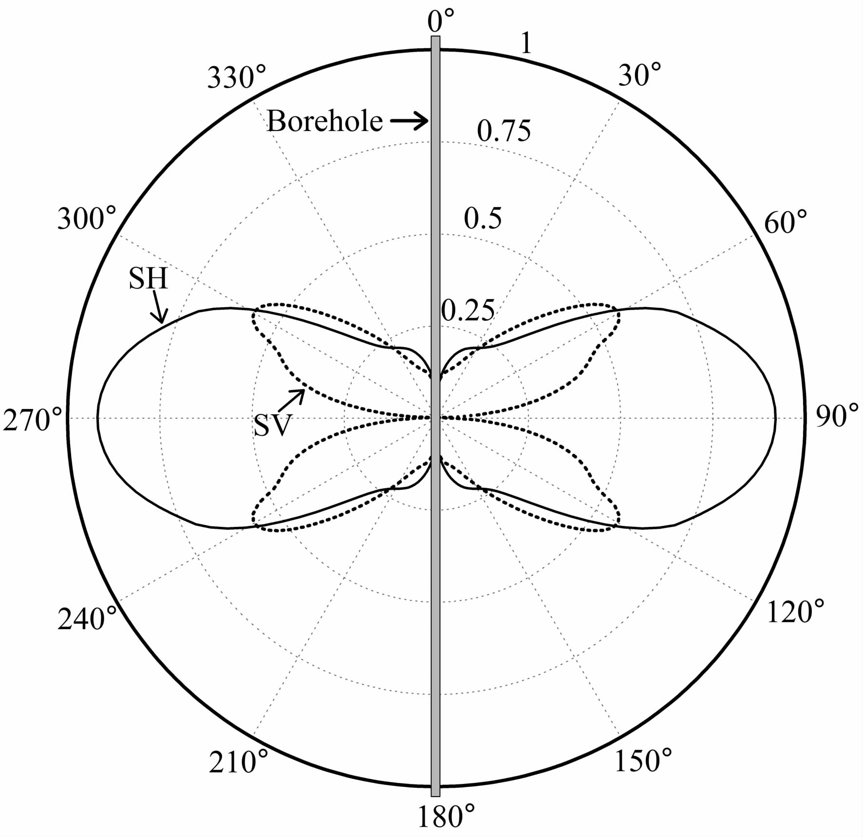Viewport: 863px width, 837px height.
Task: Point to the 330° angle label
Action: pos(237,77)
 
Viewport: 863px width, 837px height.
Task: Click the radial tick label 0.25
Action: pos(468,310)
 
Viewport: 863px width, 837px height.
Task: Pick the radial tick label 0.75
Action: pos(504,130)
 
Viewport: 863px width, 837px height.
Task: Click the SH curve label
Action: pos(148,279)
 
